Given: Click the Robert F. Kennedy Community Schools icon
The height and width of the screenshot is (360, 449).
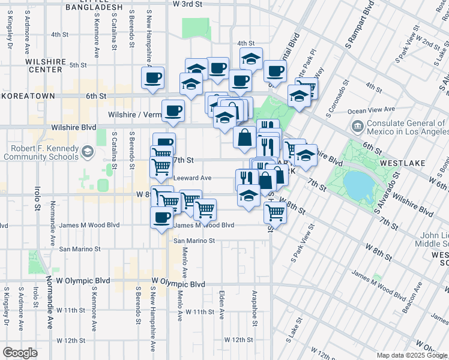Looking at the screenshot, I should tap(88, 151).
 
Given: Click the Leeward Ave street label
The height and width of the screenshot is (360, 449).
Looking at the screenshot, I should tap(192, 178).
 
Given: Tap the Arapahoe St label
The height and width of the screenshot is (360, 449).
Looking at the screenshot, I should tap(255, 307).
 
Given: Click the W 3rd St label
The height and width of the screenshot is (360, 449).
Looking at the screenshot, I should tap(187, 4).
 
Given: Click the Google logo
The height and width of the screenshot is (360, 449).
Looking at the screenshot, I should tap(20, 353).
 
